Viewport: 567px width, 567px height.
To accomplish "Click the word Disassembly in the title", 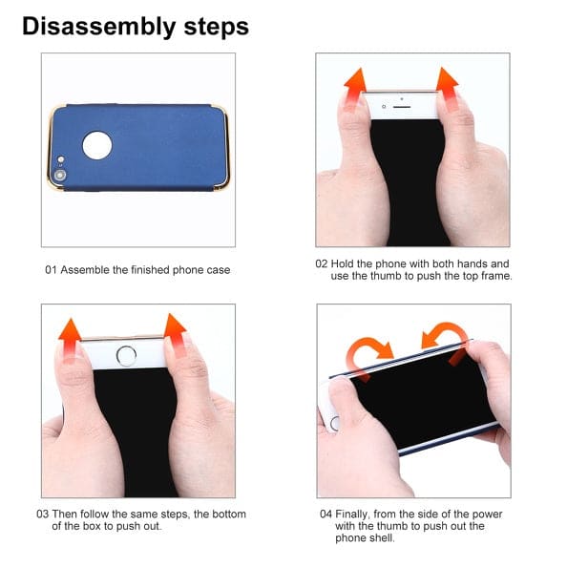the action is click(99, 28).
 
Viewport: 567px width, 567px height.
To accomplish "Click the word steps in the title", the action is click(217, 27).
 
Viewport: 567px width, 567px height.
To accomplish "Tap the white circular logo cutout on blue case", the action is click(97, 145).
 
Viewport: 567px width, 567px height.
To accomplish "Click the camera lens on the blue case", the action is click(60, 176).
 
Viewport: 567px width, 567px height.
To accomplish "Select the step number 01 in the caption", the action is click(51, 270).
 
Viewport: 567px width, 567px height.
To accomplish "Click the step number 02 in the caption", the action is click(321, 263).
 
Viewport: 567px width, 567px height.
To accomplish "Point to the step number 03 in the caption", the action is click(42, 514).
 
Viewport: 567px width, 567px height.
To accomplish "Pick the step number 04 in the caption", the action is click(325, 514).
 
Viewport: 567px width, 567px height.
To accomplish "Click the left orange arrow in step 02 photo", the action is click(355, 88).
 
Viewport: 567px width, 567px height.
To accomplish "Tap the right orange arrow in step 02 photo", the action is click(448, 88).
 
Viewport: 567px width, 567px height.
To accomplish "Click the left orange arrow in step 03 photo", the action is click(70, 340).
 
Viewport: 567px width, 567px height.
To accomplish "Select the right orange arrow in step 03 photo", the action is click(175, 334).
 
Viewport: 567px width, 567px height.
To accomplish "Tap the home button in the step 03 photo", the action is click(126, 356).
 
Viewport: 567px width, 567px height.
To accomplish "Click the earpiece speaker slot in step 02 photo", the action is click(402, 107).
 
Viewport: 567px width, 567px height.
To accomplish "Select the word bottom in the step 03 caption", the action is click(228, 514).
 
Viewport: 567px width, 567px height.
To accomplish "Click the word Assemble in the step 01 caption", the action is click(85, 270).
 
